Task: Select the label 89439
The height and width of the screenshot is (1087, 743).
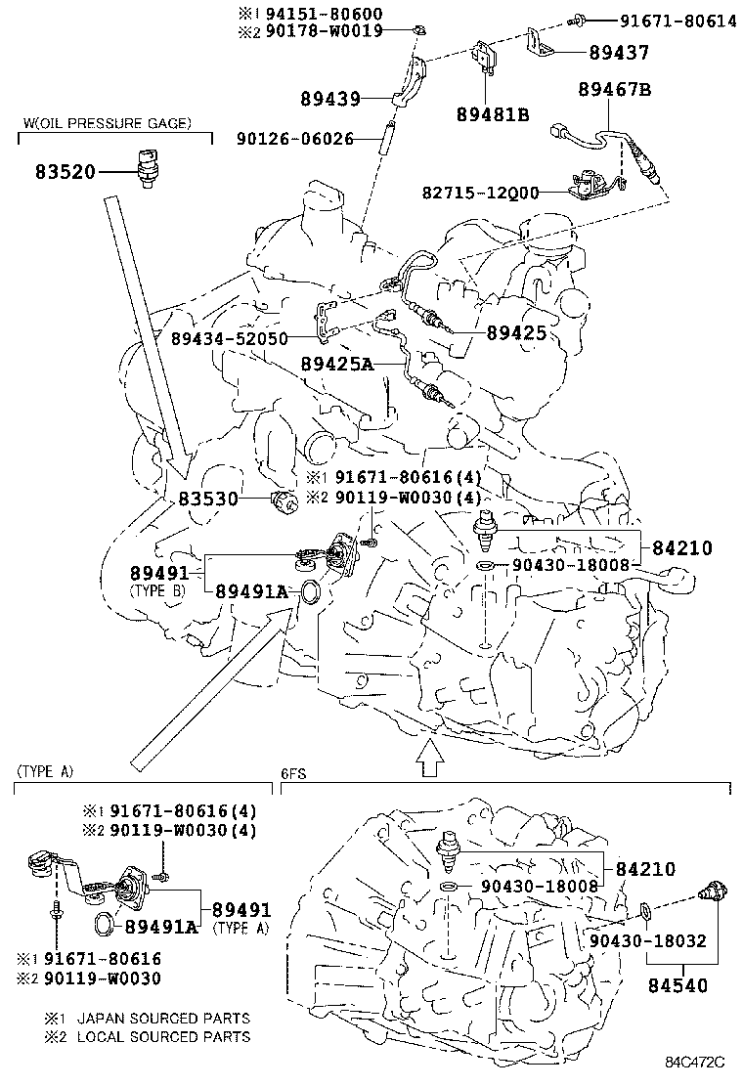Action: (x=332, y=99)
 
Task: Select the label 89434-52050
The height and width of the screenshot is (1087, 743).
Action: (x=229, y=338)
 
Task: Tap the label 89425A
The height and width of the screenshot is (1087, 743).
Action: (x=336, y=363)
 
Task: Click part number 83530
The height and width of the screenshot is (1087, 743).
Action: (x=209, y=499)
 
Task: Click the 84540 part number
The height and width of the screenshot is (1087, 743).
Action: (x=676, y=986)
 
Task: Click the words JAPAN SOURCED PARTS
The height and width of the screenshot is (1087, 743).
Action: (x=163, y=1018)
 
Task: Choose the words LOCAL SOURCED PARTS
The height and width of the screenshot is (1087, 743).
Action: (x=163, y=1036)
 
